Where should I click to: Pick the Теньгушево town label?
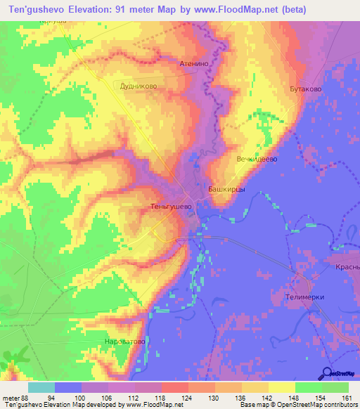[x=171, y=207]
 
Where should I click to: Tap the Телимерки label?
[x=305, y=297]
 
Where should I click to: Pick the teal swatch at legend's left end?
[x=41, y=387]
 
